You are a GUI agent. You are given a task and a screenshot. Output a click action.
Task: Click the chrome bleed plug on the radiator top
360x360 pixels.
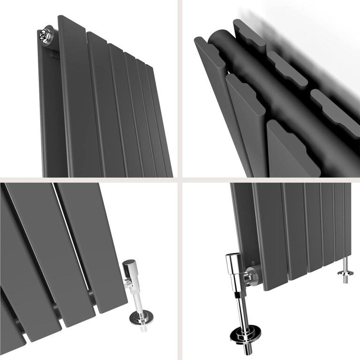pyautogui.click(x=45, y=34)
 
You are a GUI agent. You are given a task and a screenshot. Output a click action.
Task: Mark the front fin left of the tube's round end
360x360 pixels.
pyautogui.click(x=206, y=61)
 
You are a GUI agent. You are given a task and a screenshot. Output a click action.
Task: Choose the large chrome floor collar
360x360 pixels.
pyautogui.click(x=242, y=337)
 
